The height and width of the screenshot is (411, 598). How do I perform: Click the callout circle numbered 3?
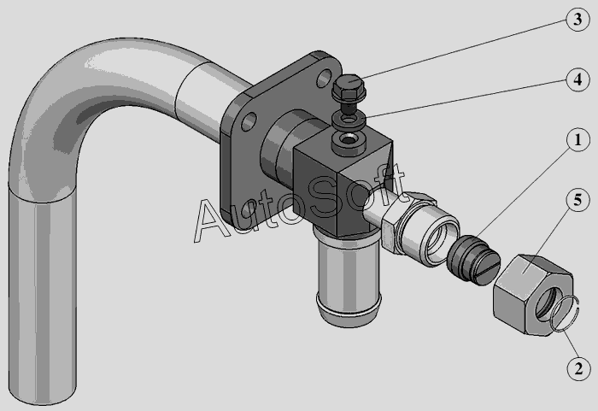click(577, 19)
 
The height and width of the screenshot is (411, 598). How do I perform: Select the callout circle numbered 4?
click(577, 79)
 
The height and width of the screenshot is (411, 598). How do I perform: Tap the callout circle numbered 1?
click(577, 139)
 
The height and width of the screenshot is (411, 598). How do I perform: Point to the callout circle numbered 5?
click(577, 200)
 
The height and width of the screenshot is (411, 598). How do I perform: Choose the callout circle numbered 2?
click(578, 368)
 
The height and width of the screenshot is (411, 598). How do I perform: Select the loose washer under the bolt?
click(349, 121)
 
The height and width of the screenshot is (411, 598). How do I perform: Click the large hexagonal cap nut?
click(533, 295)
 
